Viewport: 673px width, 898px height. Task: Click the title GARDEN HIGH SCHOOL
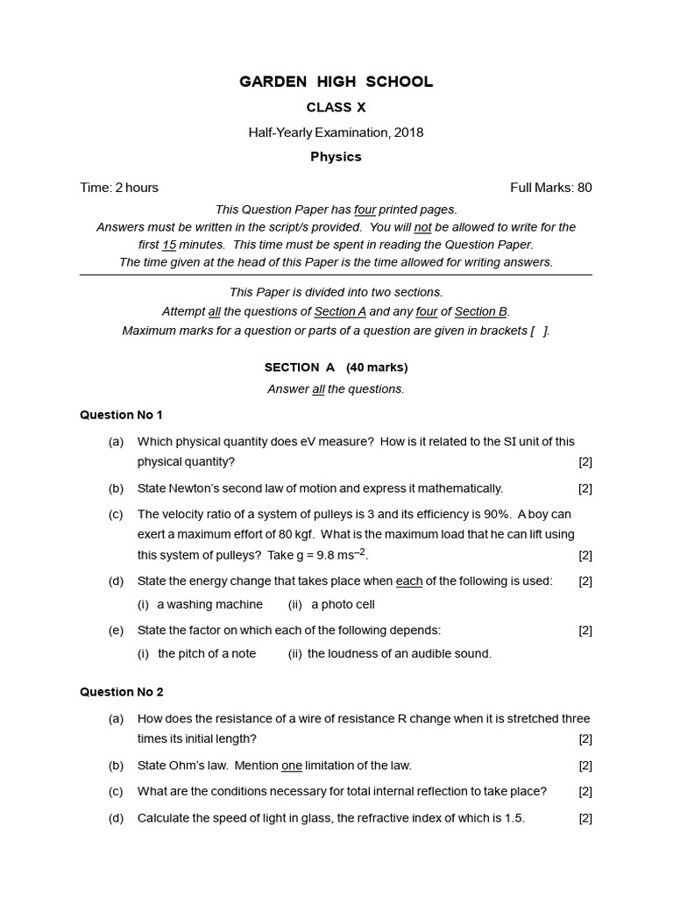(336, 82)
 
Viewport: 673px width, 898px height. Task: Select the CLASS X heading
(336, 108)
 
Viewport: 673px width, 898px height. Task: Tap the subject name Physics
(336, 157)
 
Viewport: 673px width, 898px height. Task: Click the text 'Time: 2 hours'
(119, 187)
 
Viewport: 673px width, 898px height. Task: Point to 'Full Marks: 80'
(550, 187)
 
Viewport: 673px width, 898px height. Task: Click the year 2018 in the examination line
(408, 132)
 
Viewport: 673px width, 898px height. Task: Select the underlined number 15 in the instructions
(169, 245)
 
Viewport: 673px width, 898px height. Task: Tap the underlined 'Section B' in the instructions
(481, 311)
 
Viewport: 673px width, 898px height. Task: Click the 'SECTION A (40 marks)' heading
(336, 367)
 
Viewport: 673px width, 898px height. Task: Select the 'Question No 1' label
(121, 415)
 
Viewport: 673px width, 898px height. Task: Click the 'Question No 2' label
(121, 692)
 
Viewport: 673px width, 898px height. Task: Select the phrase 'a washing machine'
(209, 604)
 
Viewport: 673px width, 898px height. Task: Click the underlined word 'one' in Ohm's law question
(292, 766)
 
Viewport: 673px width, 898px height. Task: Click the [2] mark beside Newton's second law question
(585, 488)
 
